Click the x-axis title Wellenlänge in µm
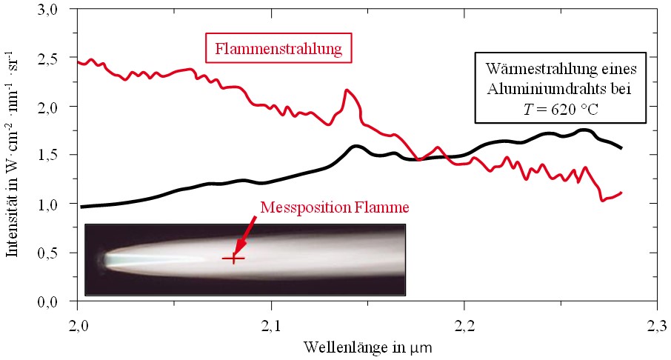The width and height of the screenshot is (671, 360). (x=367, y=346)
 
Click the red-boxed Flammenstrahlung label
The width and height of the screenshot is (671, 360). (x=278, y=50)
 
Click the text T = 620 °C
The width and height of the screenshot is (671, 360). (x=561, y=108)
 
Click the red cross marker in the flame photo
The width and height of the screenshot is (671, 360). (x=234, y=259)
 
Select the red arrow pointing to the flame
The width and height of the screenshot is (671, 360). (x=247, y=234)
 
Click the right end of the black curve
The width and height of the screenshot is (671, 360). (x=621, y=148)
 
